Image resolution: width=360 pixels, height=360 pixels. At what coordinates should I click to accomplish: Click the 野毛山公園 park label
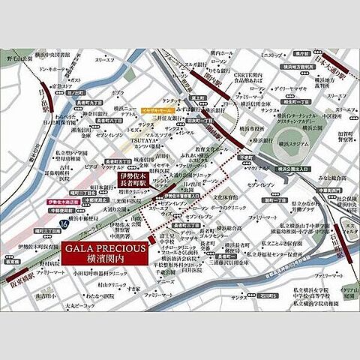(x=20, y=55)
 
